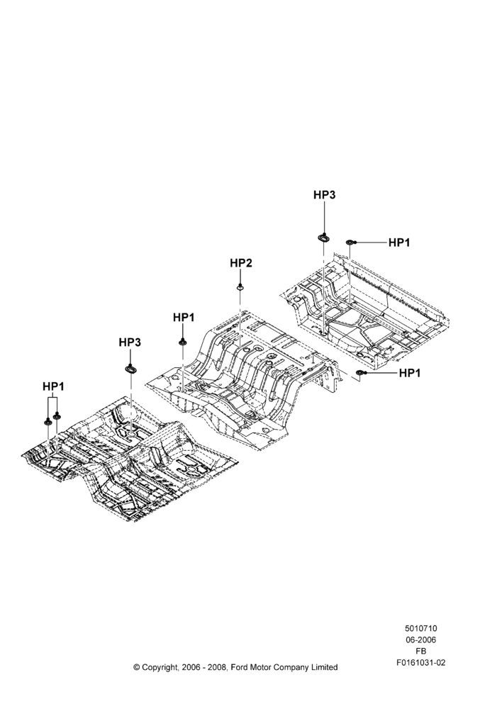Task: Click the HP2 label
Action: click(x=241, y=263)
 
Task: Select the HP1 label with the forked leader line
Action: click(x=53, y=386)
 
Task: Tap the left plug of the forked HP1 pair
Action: click(x=48, y=422)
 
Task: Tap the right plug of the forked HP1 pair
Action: click(x=57, y=415)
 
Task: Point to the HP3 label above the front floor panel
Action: click(x=130, y=342)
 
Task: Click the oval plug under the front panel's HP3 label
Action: click(x=130, y=369)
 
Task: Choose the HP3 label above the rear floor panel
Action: click(x=325, y=195)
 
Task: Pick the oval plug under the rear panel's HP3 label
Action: click(x=324, y=238)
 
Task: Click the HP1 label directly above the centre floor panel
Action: click(x=184, y=318)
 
